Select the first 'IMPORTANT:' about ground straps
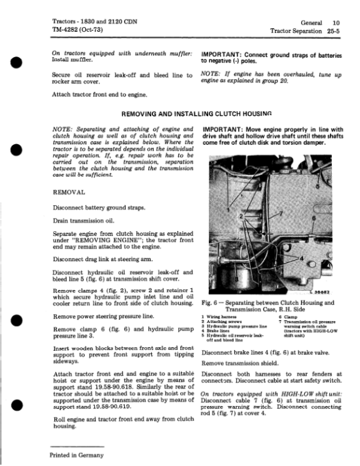[x=224, y=54]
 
